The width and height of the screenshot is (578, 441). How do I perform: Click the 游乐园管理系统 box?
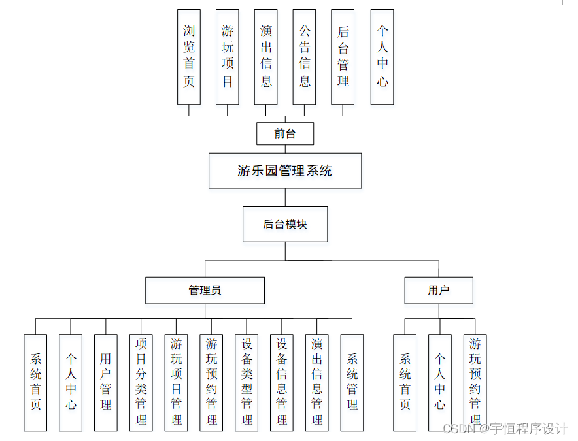tap(285, 171)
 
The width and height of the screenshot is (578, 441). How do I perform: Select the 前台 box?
tap(285, 134)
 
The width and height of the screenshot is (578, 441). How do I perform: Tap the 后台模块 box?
tap(285, 224)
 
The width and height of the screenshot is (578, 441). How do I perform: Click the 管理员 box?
tap(205, 290)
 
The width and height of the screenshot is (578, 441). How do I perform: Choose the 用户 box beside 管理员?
tap(439, 290)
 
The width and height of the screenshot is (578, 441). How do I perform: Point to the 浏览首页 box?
tap(189, 57)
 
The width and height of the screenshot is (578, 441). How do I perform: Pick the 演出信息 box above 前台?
tap(266, 57)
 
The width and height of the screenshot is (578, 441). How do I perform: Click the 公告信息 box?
tap(305, 57)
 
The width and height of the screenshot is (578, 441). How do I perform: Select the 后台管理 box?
tap(343, 57)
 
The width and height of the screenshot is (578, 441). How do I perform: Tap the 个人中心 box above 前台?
tap(382, 57)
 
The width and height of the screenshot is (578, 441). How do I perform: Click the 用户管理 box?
tap(106, 382)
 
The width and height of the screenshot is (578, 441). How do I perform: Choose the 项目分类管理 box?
tap(141, 382)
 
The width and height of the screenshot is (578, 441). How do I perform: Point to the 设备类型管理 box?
tap(246, 382)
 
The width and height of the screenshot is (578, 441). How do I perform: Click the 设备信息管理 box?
tap(282, 382)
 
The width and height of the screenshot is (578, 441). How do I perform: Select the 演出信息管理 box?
tap(317, 382)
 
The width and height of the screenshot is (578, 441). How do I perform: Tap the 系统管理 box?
tap(352, 382)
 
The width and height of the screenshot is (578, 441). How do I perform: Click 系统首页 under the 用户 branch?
tap(405, 382)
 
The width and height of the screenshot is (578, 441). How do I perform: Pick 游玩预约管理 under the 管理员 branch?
tap(211, 382)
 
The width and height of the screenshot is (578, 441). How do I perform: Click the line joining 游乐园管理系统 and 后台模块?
tap(285, 197)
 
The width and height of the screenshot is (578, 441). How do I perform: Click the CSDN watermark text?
tap(505, 429)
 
